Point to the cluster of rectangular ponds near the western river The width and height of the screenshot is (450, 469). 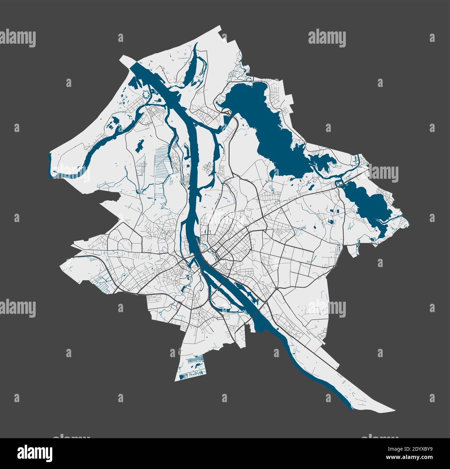coord(112,123)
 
